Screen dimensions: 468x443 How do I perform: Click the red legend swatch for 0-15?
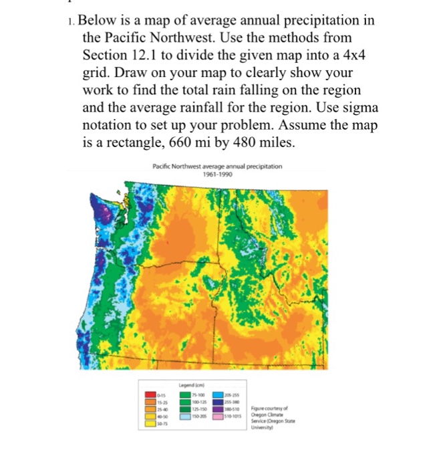point(153,396)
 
